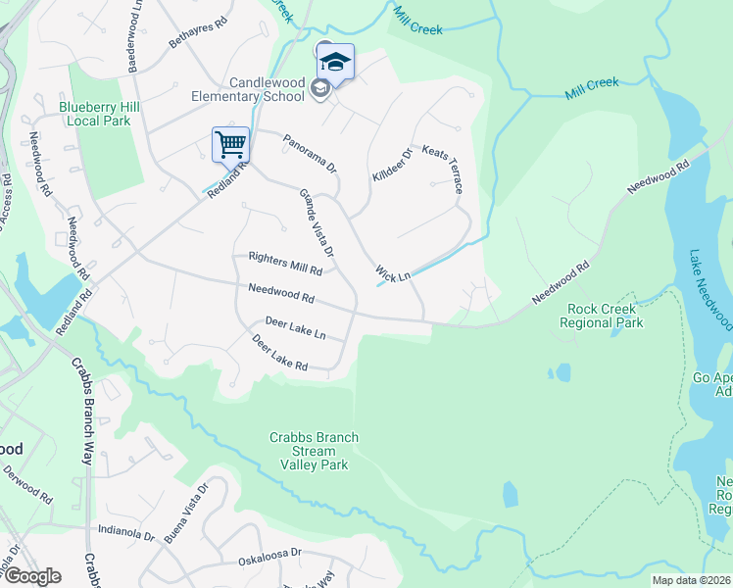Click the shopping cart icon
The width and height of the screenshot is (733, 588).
tap(231, 145)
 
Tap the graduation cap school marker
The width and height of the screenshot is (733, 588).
tap(335, 62)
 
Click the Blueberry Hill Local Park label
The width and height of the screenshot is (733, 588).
tap(94, 114)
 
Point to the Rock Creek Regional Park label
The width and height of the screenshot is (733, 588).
tap(605, 316)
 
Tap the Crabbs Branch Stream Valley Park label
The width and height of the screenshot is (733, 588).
tap(315, 451)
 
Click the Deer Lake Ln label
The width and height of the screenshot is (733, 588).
tap(295, 327)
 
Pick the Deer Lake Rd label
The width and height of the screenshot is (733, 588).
tap(280, 354)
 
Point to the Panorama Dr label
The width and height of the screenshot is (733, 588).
tap(310, 151)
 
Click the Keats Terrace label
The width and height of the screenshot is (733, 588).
tap(442, 169)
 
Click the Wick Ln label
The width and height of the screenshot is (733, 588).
tap(392, 273)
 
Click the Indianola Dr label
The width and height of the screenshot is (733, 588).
tap(126, 533)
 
